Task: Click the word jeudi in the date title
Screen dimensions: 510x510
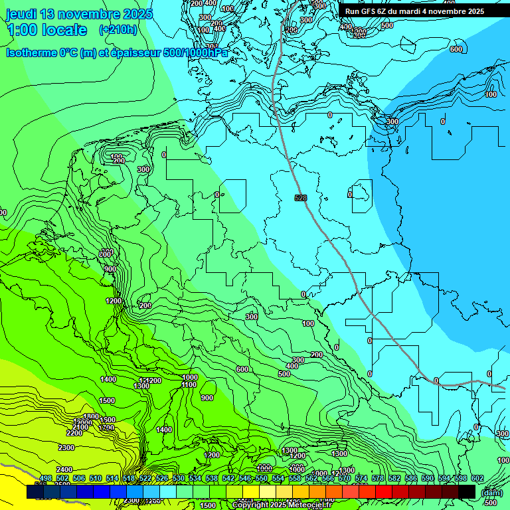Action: (23, 14)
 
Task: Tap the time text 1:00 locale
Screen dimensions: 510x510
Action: (46, 30)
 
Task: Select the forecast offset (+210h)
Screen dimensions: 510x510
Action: (118, 30)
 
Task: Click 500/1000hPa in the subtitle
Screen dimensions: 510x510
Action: (199, 53)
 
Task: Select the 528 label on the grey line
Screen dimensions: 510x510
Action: (301, 198)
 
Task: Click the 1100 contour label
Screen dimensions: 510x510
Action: (189, 384)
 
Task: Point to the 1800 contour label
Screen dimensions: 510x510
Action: (91, 416)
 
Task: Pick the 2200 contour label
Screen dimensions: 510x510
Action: (74, 433)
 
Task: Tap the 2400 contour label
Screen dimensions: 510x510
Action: (64, 469)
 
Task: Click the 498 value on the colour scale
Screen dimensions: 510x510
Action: (46, 478)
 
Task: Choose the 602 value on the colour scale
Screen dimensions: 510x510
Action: (477, 478)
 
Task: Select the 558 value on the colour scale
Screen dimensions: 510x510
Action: (311, 478)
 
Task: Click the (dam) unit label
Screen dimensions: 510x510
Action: (491, 492)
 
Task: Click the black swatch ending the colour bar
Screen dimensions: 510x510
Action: (467, 491)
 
